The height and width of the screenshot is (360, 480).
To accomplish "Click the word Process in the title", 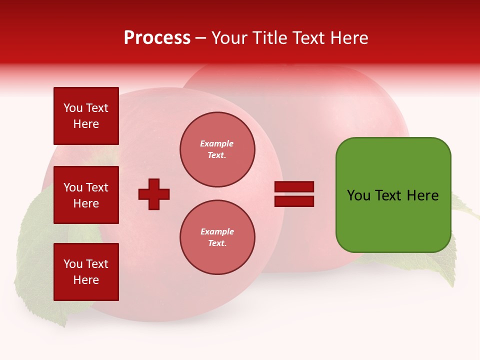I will [x=157, y=38].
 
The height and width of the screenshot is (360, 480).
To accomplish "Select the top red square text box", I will [x=86, y=116].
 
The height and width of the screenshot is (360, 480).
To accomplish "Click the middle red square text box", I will [x=86, y=195].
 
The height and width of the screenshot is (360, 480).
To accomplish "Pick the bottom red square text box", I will [x=86, y=272].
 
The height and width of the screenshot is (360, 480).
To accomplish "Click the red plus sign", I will [x=154, y=194].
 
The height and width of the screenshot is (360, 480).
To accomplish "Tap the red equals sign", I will [x=294, y=194].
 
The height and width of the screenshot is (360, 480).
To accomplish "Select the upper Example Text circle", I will [x=217, y=149].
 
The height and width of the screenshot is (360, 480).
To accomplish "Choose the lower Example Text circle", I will [x=217, y=237].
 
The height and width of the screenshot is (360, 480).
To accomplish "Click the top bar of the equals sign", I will [x=294, y=187].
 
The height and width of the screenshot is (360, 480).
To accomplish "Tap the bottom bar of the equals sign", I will [x=294, y=201].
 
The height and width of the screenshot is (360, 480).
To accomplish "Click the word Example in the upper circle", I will [x=217, y=143].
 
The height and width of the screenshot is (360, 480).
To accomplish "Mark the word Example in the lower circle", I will [x=217, y=231].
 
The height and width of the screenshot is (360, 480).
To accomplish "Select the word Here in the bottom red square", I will [x=86, y=280].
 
